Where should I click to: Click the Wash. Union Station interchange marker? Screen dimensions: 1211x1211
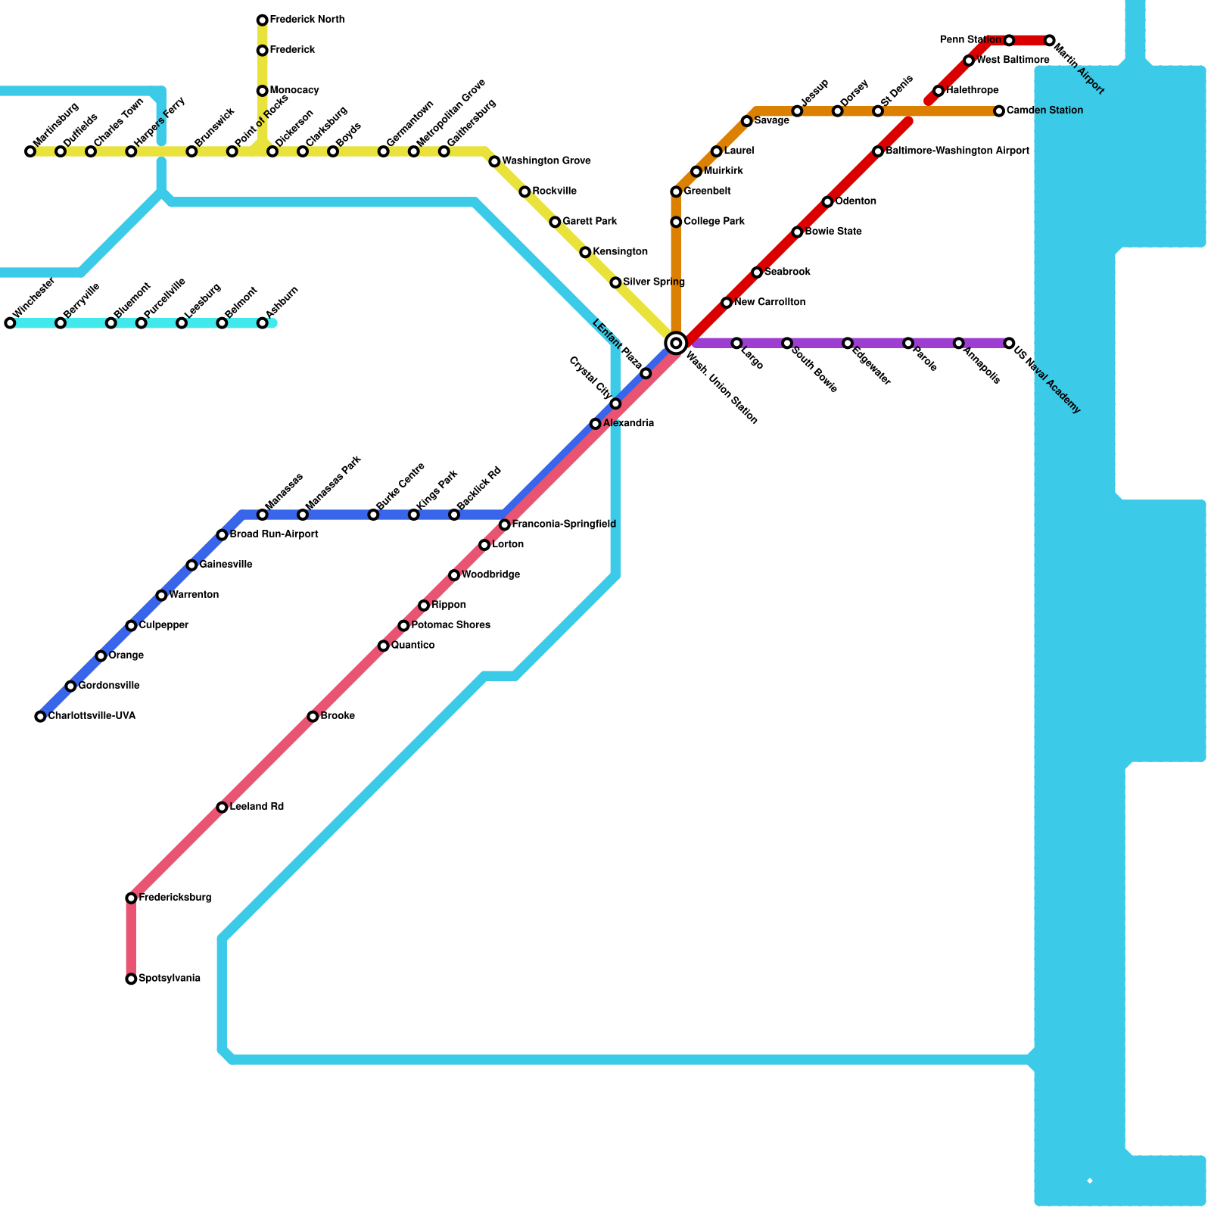(x=676, y=343)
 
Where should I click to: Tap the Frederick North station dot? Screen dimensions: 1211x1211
(x=262, y=20)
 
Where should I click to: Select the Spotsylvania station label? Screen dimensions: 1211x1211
(x=170, y=979)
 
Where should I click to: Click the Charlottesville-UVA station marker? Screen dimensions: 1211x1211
(x=40, y=716)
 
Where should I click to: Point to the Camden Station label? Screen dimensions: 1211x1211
(x=1044, y=111)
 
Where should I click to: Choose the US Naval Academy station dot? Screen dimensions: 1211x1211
(x=1009, y=343)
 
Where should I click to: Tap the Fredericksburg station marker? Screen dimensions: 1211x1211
(x=131, y=898)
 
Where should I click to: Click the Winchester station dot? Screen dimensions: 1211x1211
(x=10, y=323)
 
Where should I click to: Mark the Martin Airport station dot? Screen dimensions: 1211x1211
(x=1049, y=40)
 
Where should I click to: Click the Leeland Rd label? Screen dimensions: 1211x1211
(x=257, y=807)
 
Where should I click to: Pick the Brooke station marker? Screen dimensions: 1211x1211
(x=313, y=716)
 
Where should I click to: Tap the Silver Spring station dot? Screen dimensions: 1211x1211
(x=615, y=282)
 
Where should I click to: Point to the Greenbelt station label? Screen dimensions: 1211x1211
(x=707, y=191)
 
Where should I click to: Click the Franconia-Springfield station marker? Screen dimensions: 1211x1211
(x=504, y=525)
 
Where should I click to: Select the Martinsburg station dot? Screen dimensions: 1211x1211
(x=30, y=151)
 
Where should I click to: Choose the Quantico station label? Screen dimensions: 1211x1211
(x=412, y=646)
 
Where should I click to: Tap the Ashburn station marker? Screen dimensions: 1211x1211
(x=262, y=323)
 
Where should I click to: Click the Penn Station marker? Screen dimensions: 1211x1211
(x=1009, y=40)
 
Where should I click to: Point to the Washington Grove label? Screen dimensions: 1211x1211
(x=546, y=161)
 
